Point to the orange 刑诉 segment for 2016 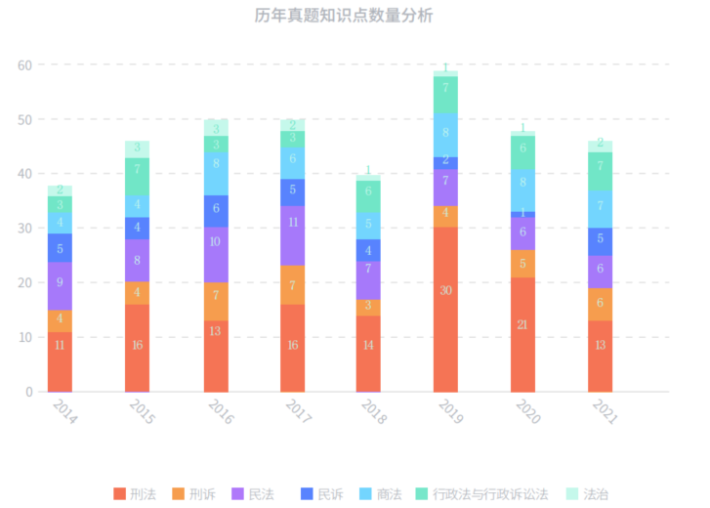pos(216,301)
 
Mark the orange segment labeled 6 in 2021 pos(600,304)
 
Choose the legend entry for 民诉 pos(322,494)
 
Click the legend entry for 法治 pos(588,494)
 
